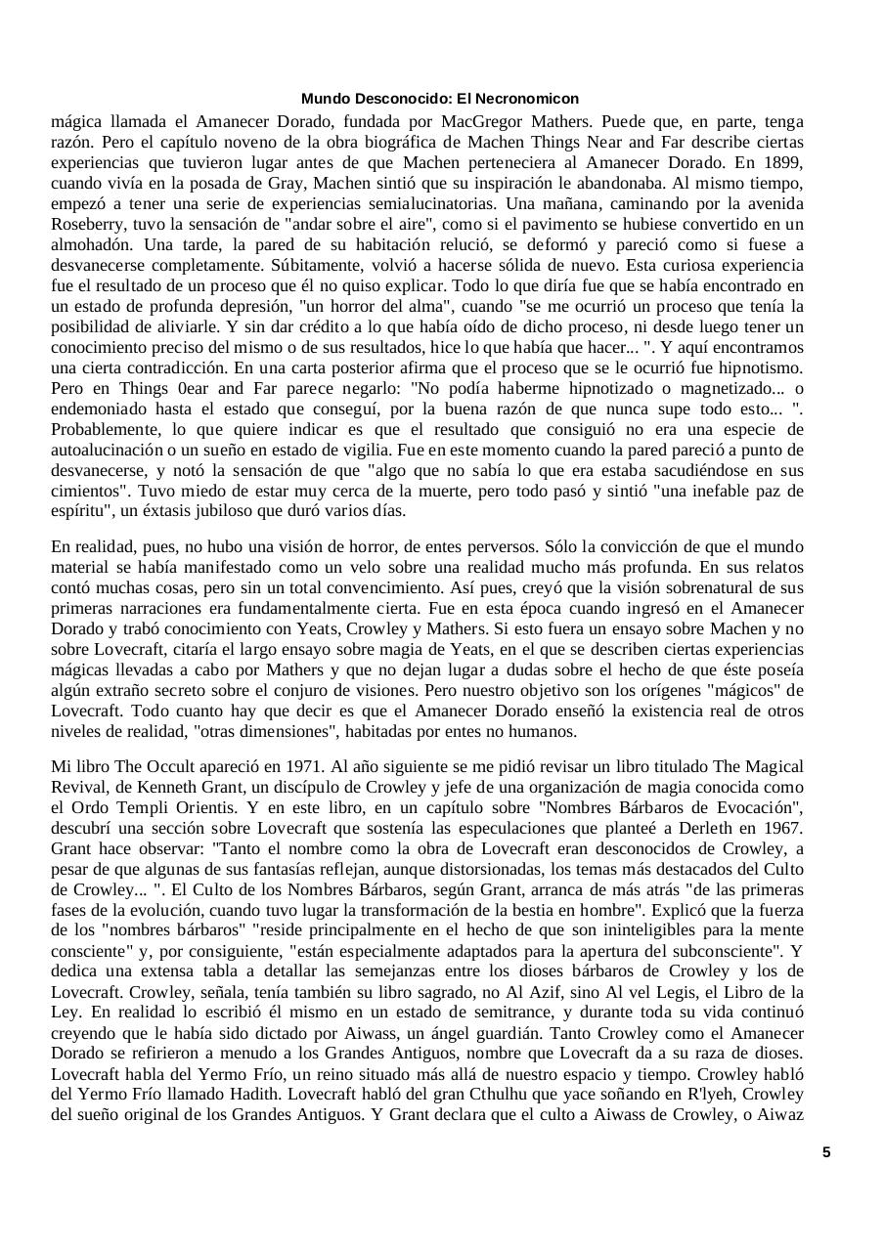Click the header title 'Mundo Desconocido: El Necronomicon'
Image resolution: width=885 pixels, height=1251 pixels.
click(439, 99)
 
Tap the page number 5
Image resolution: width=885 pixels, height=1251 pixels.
click(826, 1152)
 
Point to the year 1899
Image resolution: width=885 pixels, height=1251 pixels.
click(783, 163)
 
